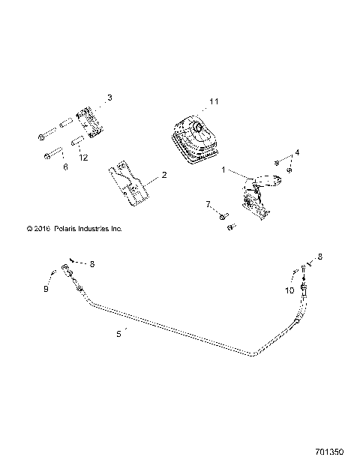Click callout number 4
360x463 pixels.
point(298,153)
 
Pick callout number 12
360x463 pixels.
point(84,157)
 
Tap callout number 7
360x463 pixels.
point(208,204)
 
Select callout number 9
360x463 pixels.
point(46,288)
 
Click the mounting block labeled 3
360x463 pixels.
point(89,119)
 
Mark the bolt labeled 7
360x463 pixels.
point(223,216)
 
